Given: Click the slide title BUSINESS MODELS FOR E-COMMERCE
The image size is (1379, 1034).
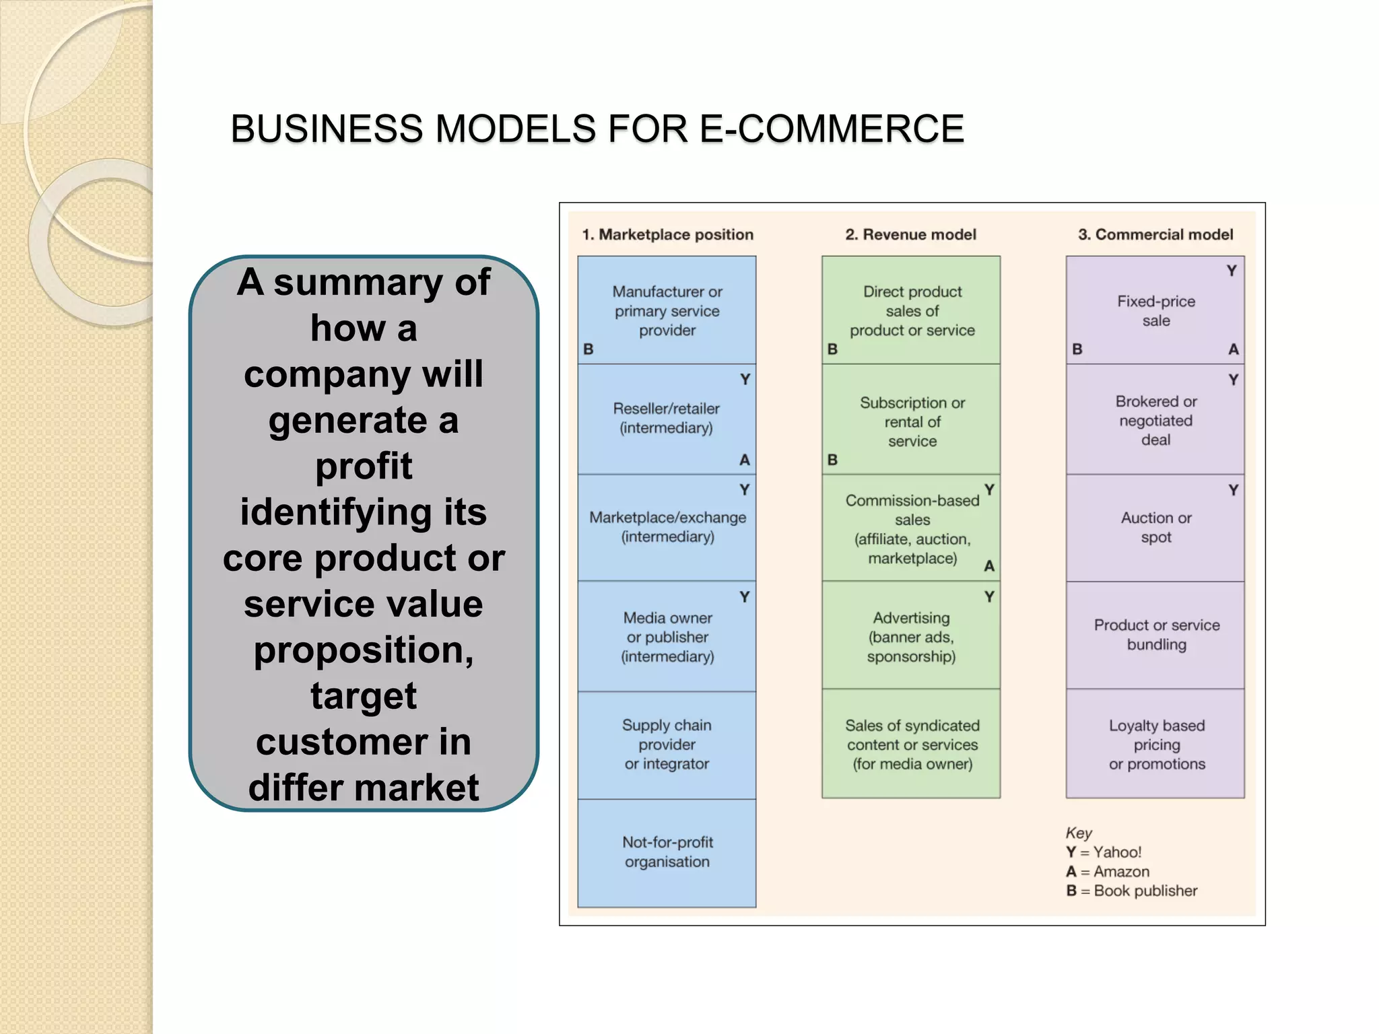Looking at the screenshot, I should point(597,129).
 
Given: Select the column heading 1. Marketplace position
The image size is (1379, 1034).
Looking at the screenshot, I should point(667,234).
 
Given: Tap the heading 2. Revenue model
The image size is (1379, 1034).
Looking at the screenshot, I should point(910,234).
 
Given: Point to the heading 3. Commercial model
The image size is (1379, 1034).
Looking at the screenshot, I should point(1155,234).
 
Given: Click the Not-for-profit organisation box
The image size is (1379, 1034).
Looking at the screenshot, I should point(667,852).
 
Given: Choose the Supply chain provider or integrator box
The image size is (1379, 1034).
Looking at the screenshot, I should point(667,745).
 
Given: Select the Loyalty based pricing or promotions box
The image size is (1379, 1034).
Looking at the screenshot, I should point(1156,745).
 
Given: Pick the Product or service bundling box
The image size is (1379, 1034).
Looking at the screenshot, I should point(1156,635).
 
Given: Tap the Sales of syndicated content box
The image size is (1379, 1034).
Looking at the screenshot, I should point(912,745).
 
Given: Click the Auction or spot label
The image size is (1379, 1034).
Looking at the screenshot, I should point(1156,528).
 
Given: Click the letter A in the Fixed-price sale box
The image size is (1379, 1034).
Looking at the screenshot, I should point(1233,349).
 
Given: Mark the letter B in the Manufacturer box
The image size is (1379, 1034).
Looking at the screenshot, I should point(588,349).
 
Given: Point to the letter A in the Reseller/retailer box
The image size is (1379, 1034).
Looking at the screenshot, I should point(744,460).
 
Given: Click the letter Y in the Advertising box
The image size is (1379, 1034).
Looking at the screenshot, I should point(988,597).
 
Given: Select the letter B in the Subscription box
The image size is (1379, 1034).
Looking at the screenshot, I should point(832,460).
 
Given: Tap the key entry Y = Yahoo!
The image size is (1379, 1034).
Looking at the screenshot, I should point(1104,852).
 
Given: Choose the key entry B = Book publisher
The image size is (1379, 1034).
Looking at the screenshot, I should point(1131,891).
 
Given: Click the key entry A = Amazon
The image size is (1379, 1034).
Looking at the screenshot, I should point(1108,872).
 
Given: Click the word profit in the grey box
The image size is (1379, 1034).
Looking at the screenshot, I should point(364,466).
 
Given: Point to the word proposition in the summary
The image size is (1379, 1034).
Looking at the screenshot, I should point(364,650).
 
